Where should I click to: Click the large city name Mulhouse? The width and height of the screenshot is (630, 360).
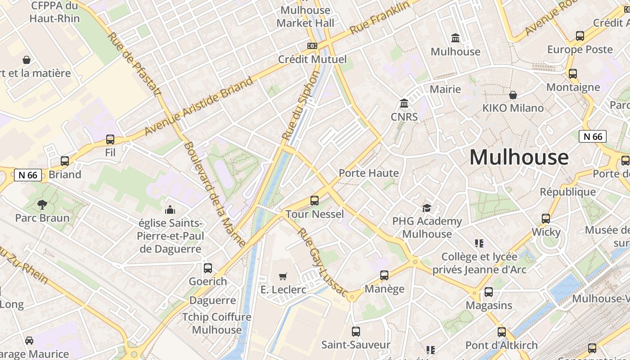[519, 157]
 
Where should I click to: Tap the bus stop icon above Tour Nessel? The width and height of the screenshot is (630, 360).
[315, 201]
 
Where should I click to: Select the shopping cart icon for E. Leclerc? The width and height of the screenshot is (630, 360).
[283, 276]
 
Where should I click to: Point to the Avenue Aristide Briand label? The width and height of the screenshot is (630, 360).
[199, 106]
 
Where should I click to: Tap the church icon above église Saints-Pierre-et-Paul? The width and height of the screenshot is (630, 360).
[170, 210]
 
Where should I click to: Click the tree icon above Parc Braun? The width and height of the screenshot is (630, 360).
[42, 205]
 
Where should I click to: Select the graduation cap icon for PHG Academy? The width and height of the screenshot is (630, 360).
[427, 207]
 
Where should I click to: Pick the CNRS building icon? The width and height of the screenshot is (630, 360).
[404, 104]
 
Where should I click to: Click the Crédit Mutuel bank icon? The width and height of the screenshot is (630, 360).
[312, 46]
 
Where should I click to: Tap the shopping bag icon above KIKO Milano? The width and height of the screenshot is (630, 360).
[513, 95]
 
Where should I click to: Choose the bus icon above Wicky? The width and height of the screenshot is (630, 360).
[546, 219]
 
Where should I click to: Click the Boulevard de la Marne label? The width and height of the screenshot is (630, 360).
[215, 194]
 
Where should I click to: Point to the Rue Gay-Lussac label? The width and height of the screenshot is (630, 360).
[322, 263]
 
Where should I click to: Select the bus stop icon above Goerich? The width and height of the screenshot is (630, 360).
[208, 268]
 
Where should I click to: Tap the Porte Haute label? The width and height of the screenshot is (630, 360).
[369, 173]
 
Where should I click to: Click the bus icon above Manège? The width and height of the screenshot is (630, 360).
[384, 275]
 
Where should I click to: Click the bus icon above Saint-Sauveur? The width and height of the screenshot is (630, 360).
[356, 332]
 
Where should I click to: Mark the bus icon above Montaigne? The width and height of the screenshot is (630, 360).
[573, 74]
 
